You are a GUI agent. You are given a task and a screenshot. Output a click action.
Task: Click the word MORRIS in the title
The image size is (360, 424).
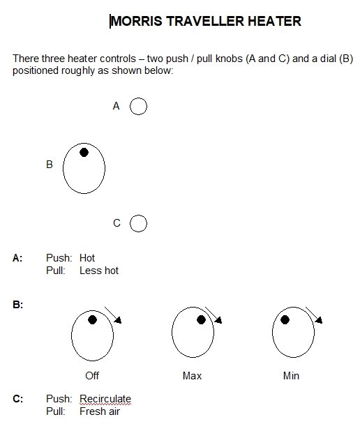point(137,21)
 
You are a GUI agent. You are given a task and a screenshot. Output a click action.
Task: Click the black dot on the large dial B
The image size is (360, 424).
point(84,153)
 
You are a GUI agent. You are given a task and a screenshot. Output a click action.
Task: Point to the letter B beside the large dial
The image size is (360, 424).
point(50,165)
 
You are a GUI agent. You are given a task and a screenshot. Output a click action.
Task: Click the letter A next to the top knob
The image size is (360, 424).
point(116,106)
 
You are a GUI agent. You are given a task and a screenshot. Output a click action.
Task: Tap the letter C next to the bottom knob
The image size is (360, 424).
point(117,223)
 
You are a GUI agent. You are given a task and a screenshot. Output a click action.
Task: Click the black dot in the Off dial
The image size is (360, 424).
point(93,320)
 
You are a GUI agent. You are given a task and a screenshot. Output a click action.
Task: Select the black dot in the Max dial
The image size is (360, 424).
point(201,320)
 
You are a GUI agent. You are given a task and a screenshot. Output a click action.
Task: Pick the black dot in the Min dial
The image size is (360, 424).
point(285,320)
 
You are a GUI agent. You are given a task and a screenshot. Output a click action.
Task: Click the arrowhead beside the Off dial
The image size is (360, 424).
point(118,320)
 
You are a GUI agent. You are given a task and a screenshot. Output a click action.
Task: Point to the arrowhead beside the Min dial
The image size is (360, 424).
point(319,320)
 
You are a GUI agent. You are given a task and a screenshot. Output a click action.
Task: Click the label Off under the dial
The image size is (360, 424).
point(92,376)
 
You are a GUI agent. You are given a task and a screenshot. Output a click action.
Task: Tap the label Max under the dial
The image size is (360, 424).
point(192,376)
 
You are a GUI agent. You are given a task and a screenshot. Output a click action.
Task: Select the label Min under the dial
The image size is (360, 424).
point(291,376)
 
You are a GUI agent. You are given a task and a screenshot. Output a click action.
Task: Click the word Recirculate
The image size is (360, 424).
point(105,399)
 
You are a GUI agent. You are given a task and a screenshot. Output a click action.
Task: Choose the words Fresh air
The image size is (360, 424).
point(100,411)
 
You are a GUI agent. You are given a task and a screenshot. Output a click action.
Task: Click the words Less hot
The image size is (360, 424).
point(99,271)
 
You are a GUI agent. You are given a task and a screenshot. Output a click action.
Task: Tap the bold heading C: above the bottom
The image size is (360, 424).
point(18,399)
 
